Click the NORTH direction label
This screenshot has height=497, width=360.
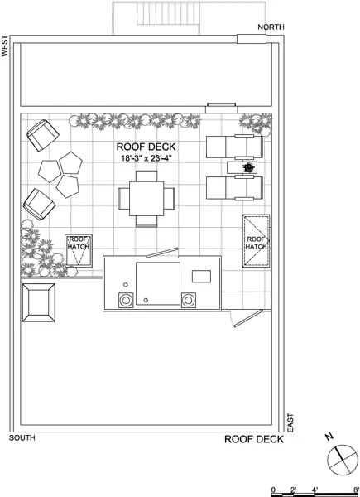(x=271, y=27)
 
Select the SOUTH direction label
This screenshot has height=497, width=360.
(x=22, y=437)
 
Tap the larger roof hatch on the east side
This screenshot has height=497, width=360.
(x=256, y=240)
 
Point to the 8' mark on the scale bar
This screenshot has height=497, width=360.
(x=355, y=490)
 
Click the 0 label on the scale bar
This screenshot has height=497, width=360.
(x=274, y=490)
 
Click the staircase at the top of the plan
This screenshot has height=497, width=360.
(x=156, y=17)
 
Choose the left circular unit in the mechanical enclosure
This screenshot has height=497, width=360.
(x=127, y=300)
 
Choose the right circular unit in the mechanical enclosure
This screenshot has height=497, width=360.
(x=190, y=300)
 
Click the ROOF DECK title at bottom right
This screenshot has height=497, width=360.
(x=254, y=440)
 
